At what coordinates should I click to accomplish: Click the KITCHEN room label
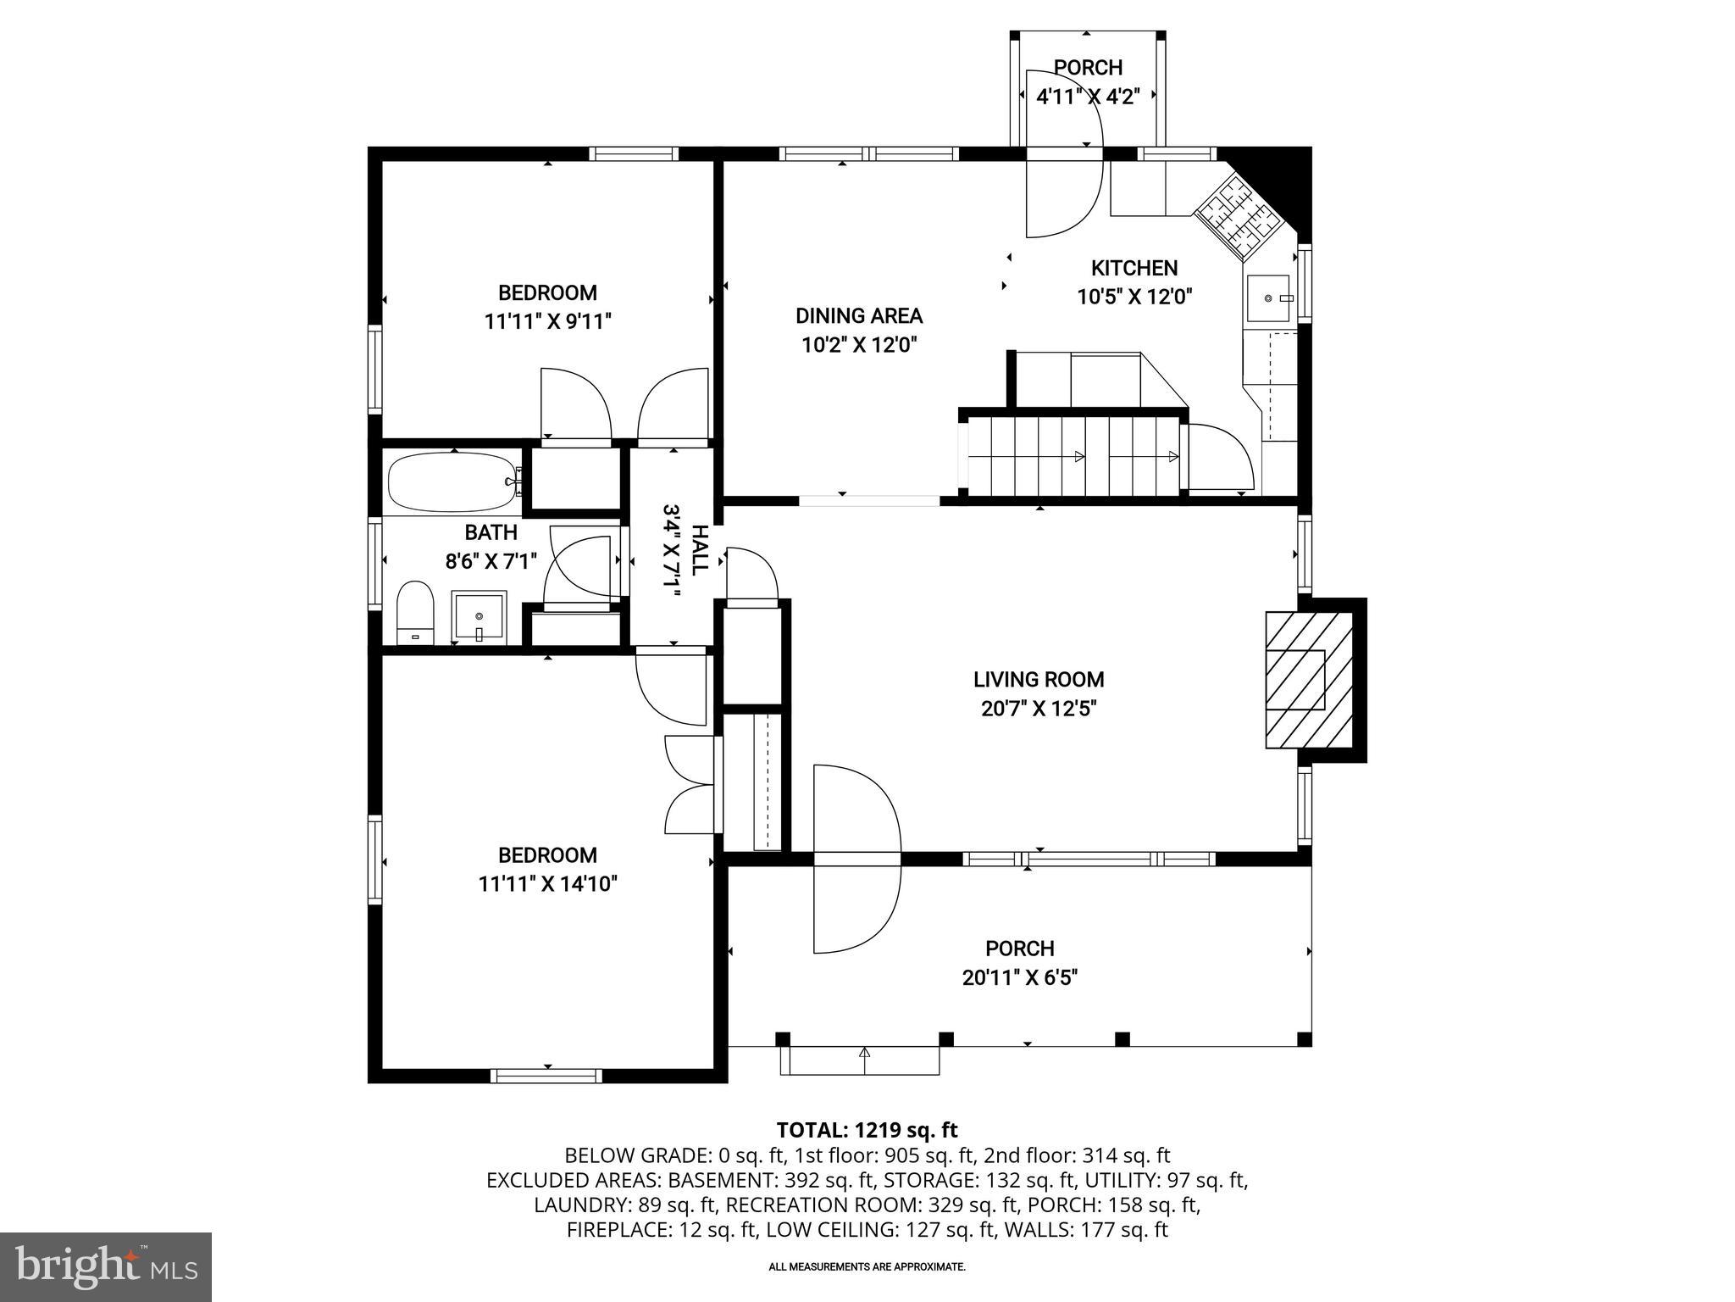[1134, 268]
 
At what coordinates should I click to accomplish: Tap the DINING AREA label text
[858, 316]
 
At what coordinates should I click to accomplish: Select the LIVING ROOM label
[1038, 679]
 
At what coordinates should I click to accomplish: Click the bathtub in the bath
[452, 482]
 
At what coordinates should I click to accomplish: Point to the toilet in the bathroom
[415, 609]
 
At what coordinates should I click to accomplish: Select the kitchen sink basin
[1267, 298]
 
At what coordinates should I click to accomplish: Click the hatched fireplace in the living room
[1308, 680]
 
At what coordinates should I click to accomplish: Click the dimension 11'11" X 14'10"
[547, 884]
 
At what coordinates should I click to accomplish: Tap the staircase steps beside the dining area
[1072, 456]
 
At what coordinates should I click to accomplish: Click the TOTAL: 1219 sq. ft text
[867, 1130]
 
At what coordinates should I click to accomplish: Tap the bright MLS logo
[106, 1266]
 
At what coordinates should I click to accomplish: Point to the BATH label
[491, 532]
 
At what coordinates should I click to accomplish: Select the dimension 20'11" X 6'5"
[1019, 977]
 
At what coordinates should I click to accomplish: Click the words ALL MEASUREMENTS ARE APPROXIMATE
[867, 1267]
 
